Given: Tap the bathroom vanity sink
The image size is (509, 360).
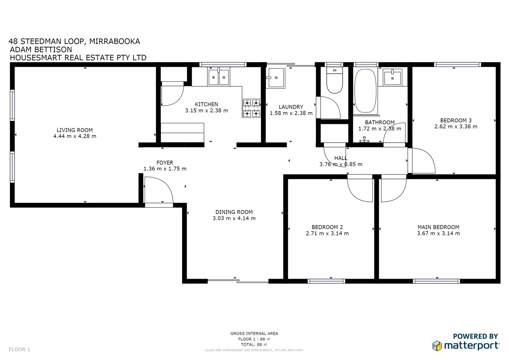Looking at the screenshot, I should click(392, 77).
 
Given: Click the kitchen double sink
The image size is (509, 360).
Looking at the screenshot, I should click(219, 77).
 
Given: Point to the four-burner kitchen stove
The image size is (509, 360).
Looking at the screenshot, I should click(251, 108).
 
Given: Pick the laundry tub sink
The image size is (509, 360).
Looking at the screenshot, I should click(275, 78).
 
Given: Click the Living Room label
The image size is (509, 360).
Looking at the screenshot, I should click(75, 130).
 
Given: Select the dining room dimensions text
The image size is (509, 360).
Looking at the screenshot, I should click(234, 218).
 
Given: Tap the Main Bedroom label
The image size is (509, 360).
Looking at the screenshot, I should click(438, 227).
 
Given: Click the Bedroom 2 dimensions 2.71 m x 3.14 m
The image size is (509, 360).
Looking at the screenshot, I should click(327, 233).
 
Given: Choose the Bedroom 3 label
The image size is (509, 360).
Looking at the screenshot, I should click(456, 120).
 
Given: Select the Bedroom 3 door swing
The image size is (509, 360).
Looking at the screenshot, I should click(422, 161).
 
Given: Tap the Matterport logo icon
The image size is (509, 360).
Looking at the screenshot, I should click(437, 346).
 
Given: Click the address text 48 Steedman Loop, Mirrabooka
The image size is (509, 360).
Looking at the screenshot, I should click(74, 41).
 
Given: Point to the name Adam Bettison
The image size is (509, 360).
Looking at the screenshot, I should click(41, 50).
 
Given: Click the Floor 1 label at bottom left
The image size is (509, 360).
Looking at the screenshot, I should click(19, 349).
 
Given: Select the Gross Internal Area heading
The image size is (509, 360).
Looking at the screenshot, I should click(254, 333).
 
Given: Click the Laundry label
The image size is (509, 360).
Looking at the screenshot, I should click(291, 107).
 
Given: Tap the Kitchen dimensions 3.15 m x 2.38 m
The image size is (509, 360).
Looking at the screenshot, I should click(206, 111).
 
